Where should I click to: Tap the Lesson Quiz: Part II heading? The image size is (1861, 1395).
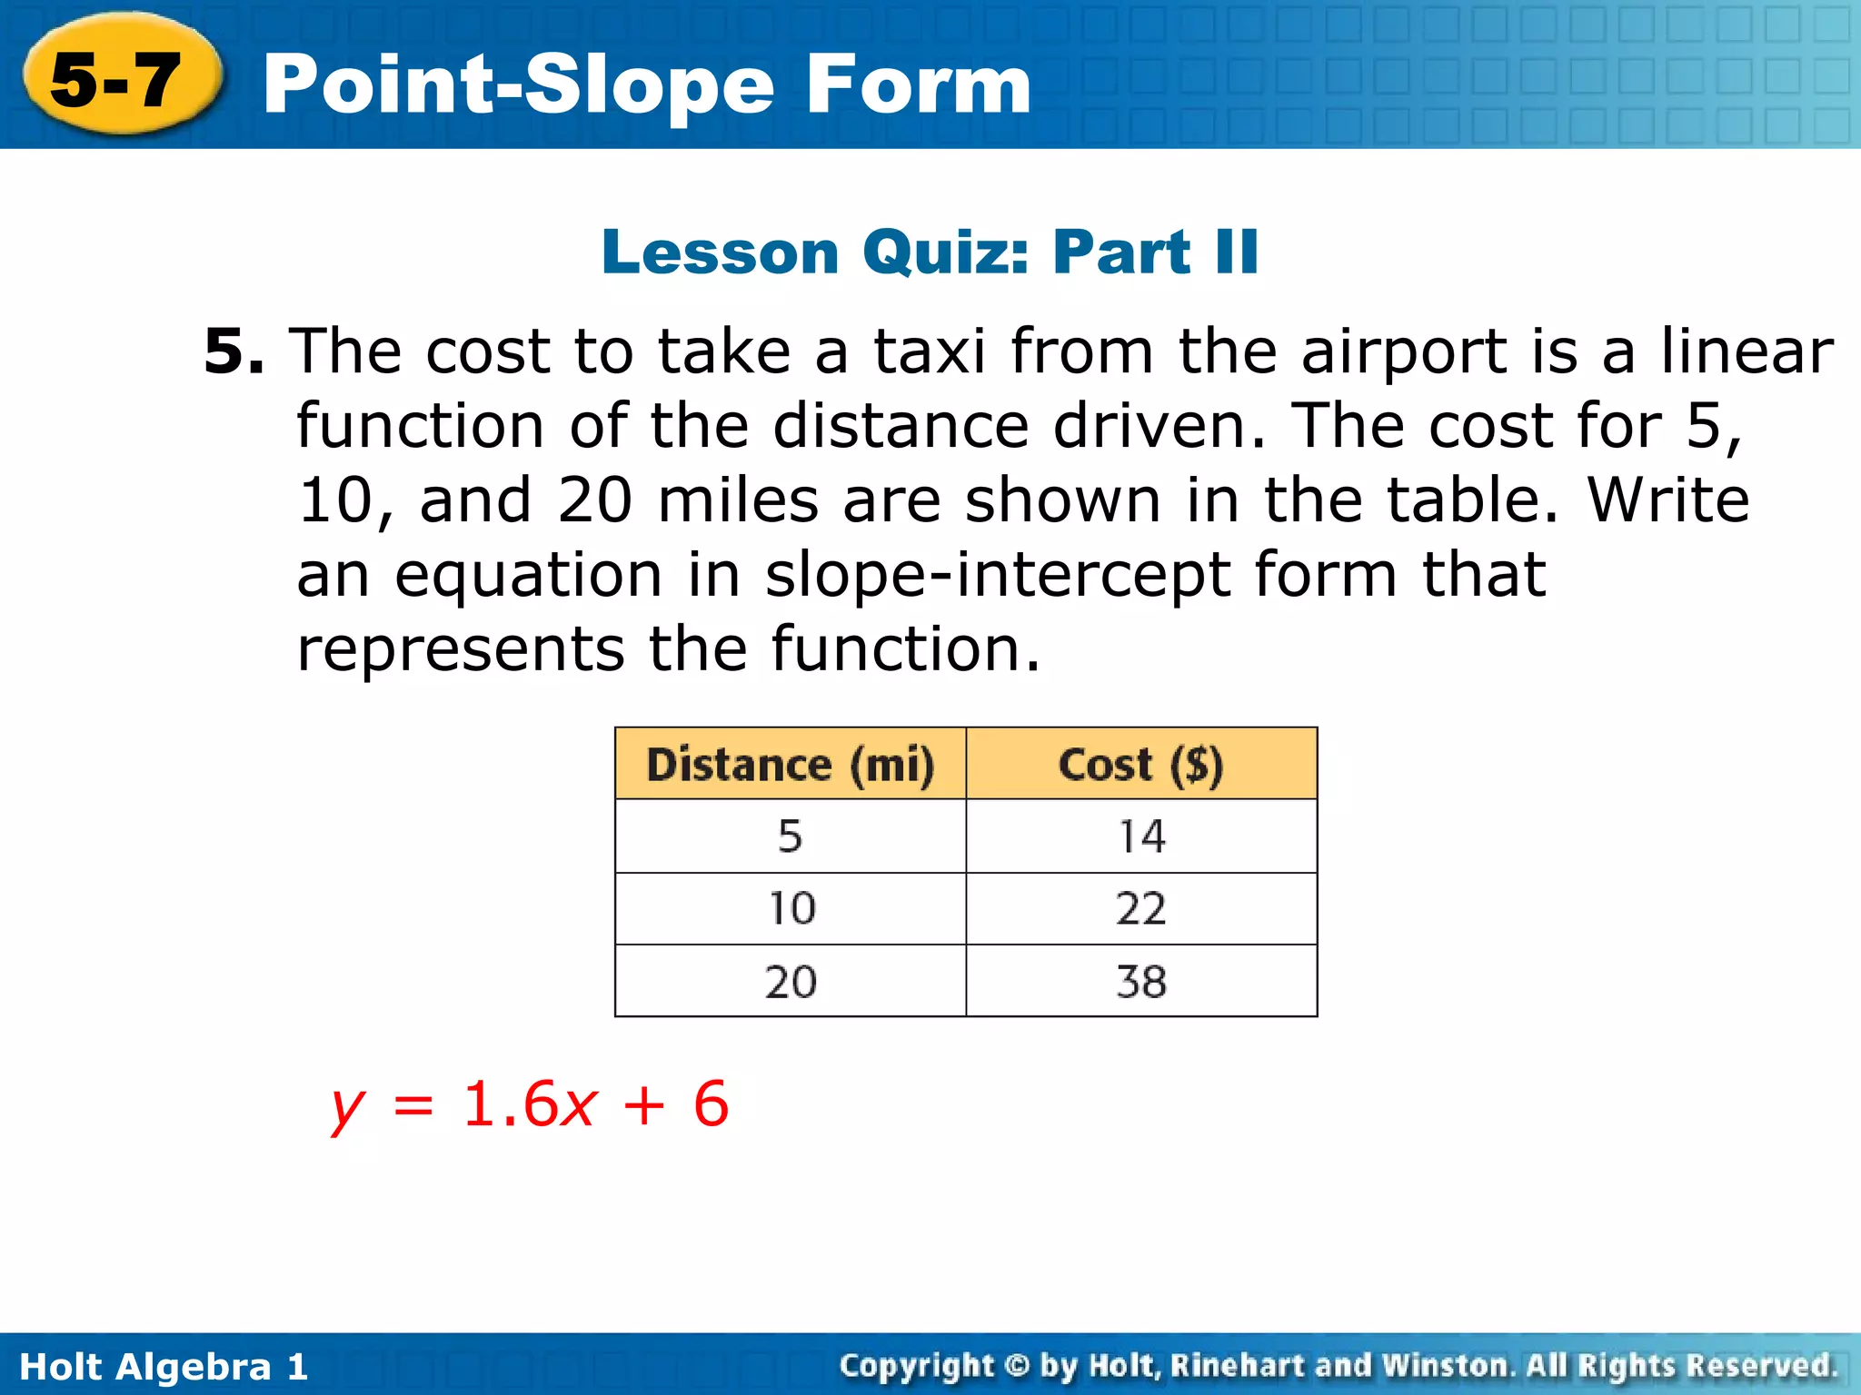[930, 252]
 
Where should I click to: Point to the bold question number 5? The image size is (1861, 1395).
[233, 351]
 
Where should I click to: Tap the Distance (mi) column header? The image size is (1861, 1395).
[790, 764]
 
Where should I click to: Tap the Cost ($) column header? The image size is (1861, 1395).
[1140, 764]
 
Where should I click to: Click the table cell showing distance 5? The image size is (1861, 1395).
[790, 836]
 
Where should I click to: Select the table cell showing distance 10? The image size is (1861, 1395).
[791, 908]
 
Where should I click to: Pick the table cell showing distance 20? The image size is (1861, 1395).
[790, 982]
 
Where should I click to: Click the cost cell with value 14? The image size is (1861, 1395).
[1141, 836]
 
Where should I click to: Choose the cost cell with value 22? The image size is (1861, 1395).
[1141, 908]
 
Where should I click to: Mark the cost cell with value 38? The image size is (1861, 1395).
[1141, 982]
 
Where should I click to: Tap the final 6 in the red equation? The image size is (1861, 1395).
[711, 1105]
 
